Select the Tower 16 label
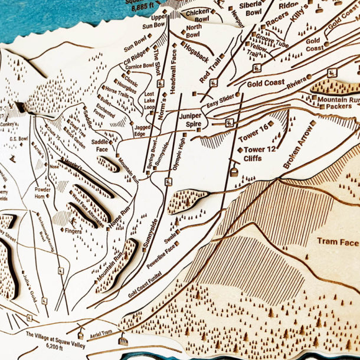[x=255, y=126]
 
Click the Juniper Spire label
[x=194, y=120]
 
